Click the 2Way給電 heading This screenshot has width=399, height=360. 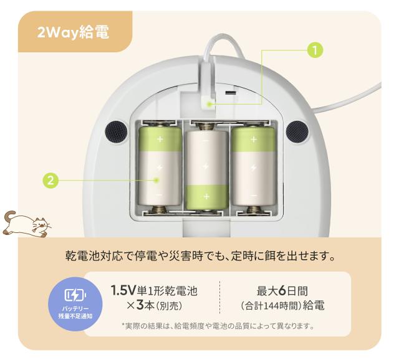[x=73, y=32]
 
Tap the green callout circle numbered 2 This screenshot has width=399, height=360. [x=51, y=181]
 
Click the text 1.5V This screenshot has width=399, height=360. [x=123, y=290]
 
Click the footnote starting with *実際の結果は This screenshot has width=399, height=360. [x=218, y=326]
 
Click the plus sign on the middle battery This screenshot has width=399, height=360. [x=206, y=196]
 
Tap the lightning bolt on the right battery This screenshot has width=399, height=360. [x=253, y=167]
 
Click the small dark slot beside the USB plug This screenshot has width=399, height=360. [x=231, y=92]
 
